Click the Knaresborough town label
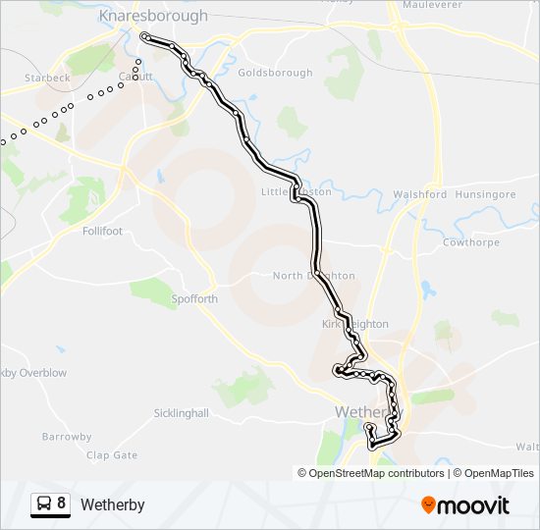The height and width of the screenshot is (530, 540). (x=154, y=16)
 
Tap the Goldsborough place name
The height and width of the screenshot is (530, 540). (x=275, y=73)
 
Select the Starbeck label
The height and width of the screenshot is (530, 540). (x=48, y=77)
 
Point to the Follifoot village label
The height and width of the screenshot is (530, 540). (x=103, y=232)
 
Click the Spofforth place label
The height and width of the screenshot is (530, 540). (x=193, y=298)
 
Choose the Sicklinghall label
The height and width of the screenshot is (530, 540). (x=182, y=413)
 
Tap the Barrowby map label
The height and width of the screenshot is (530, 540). (x=68, y=437)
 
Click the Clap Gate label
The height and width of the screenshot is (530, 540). (x=112, y=455)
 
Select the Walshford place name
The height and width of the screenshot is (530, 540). (x=419, y=194)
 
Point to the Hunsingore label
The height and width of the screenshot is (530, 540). (x=486, y=194)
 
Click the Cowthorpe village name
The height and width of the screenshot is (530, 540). (x=471, y=241)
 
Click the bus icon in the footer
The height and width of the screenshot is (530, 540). (x=44, y=504)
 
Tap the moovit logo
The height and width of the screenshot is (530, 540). (x=465, y=505)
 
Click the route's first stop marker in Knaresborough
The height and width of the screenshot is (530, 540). (x=145, y=36)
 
